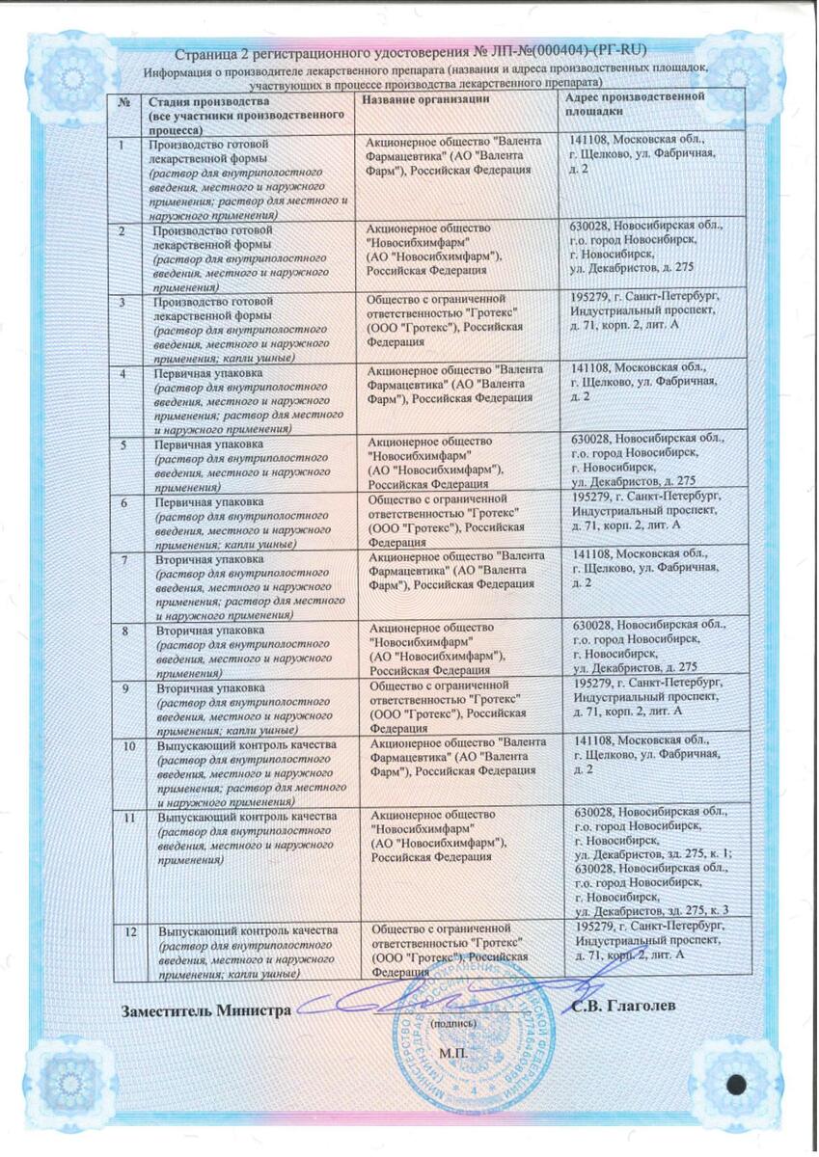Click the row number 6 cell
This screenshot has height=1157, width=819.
coord(123,502)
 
